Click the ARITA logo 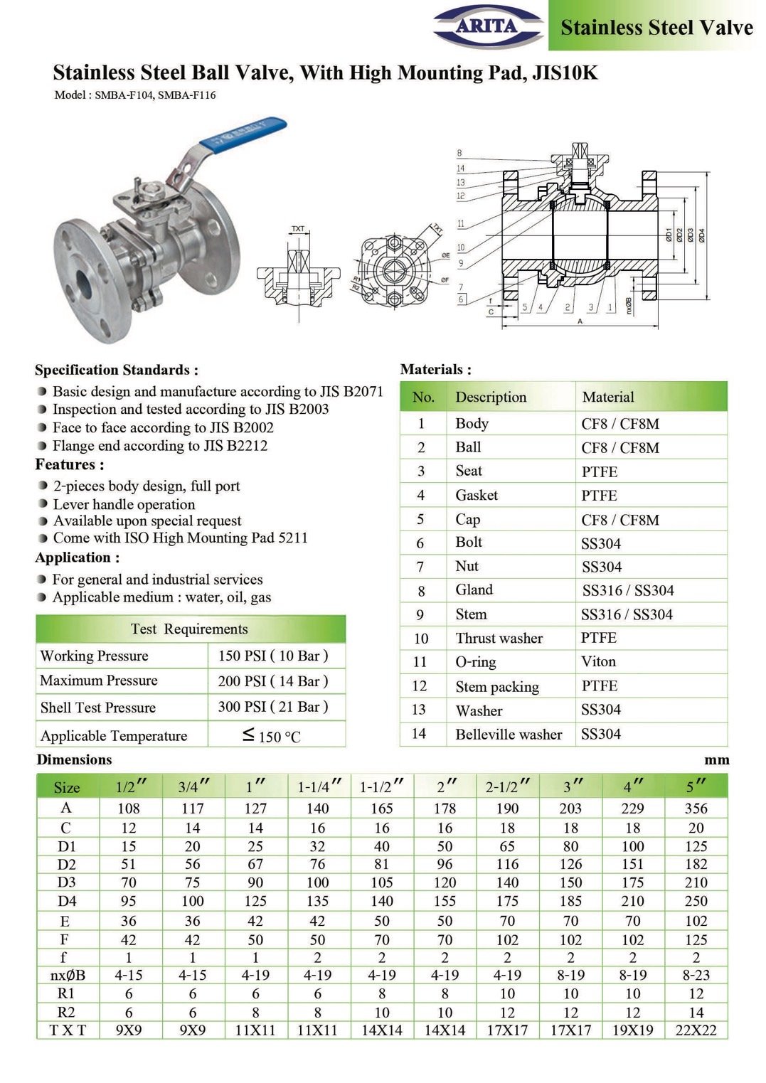487,27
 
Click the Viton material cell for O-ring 598,661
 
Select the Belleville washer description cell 509,734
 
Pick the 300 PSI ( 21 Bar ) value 272,707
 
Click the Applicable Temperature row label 114,735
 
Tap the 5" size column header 696,786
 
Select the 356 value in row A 696,808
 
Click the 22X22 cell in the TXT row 696,1030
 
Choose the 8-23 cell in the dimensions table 696,975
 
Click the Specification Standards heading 117,370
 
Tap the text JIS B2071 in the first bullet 351,391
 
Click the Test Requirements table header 189,629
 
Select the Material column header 608,397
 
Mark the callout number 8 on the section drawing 459,153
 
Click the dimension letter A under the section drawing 580,321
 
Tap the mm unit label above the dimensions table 716,759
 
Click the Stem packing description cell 497,686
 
